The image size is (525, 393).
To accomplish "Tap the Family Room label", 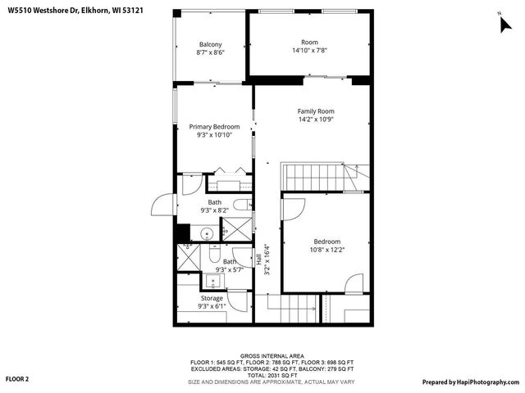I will (315, 111).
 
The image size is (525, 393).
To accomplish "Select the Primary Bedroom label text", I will (214, 127).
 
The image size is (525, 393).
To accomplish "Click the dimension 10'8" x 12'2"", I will (326, 250).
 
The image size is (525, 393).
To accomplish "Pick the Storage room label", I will (212, 298).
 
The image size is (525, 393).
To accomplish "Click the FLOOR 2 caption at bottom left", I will (17, 379).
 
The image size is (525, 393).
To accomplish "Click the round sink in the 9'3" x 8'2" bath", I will (207, 234).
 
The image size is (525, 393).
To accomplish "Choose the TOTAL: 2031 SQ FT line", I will (262, 375).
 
